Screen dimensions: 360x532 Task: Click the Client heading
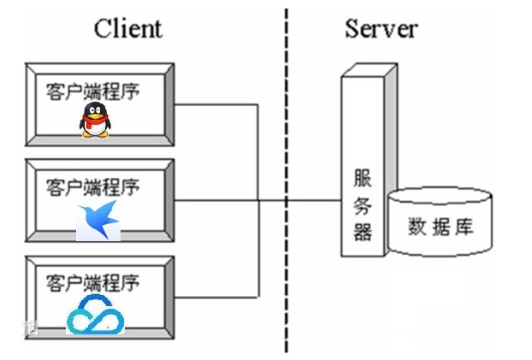point(127,28)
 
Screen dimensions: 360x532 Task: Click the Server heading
point(381,28)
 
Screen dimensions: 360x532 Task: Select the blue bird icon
point(98,221)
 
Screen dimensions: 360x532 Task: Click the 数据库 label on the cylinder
point(440,227)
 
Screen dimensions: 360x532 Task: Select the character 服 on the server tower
point(363,178)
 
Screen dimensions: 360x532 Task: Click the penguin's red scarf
point(95,129)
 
